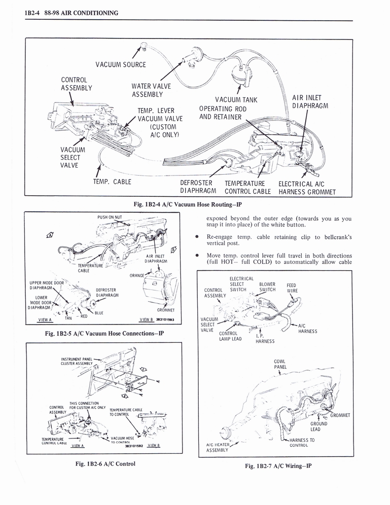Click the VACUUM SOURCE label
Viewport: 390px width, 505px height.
[121, 65]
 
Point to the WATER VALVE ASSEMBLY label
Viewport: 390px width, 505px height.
[150, 91]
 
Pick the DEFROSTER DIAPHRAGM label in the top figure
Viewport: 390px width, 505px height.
[196, 187]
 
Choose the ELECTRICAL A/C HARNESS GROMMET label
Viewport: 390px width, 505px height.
[307, 187]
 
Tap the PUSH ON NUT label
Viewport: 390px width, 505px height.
[110, 216]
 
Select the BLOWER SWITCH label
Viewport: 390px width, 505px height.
[267, 287]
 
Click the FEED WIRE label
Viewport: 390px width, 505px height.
[291, 288]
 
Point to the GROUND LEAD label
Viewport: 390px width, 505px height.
[319, 426]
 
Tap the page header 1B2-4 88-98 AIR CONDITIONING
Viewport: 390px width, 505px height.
[71, 13]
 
